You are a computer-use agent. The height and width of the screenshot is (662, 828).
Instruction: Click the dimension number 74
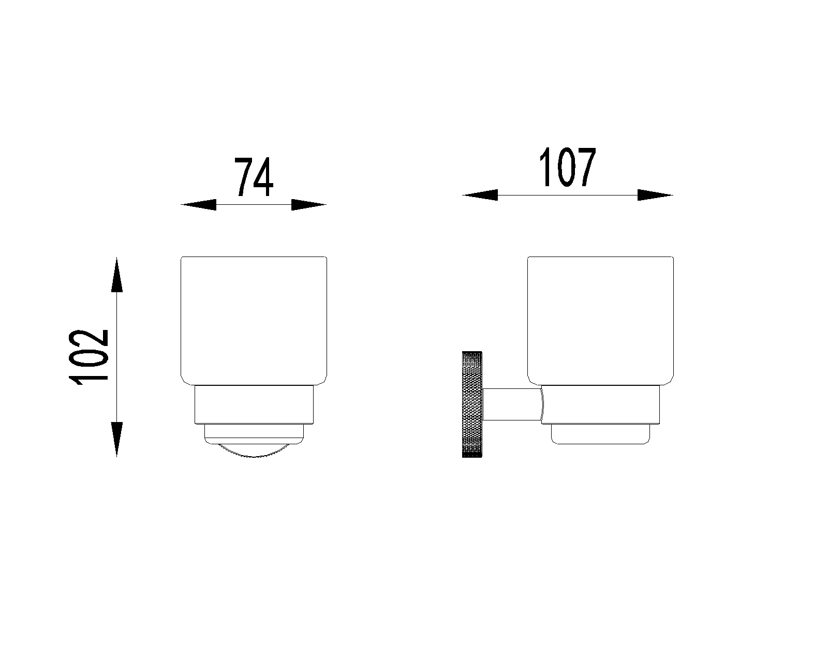coord(254,177)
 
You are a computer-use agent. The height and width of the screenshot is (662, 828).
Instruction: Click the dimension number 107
coord(567,168)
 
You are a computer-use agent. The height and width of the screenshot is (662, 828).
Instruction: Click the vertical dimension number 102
coord(88,357)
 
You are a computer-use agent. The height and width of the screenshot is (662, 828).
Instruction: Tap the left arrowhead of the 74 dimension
coord(199,205)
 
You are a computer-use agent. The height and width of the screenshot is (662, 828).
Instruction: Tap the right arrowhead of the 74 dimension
coord(309,205)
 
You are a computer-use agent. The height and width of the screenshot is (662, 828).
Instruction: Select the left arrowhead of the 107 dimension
coord(480,195)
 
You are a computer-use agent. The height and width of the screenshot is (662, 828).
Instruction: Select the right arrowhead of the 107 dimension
coord(655,195)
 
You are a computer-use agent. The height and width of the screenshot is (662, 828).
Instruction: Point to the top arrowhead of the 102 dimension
coord(116,275)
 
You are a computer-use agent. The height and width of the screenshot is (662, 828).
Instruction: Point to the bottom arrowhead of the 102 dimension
coord(116,440)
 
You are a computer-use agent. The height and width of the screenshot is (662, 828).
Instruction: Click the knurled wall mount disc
coord(472,404)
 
